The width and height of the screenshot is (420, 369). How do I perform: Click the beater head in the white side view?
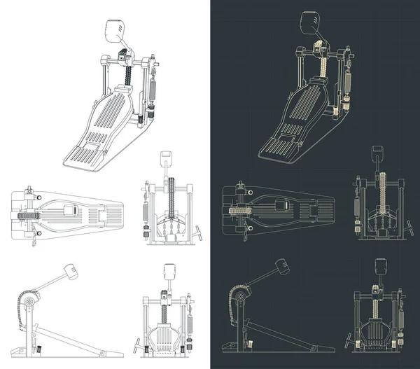pyautogui.click(x=71, y=270)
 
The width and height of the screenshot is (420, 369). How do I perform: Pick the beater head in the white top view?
pyautogui.click(x=71, y=209)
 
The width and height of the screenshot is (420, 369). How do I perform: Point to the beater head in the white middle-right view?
pyautogui.click(x=167, y=156)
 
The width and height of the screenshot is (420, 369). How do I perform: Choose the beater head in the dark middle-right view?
pyautogui.click(x=377, y=152)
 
